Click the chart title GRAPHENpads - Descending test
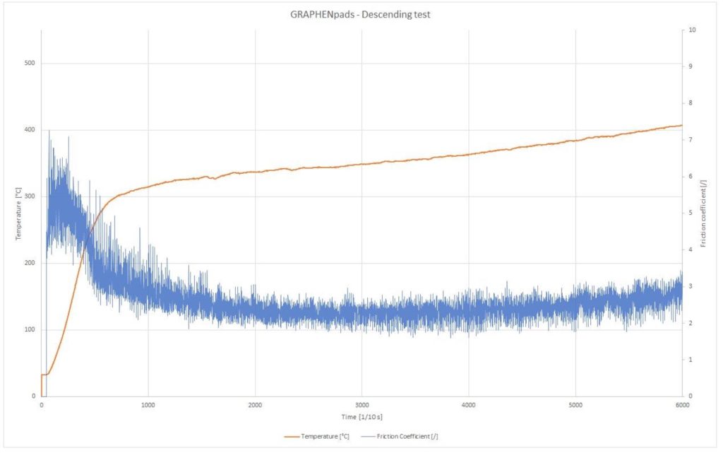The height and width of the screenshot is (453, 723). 360,14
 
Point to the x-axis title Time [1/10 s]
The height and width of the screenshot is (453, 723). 361,416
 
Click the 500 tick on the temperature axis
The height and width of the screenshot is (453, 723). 30,64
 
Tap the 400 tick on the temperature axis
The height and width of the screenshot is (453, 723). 30,130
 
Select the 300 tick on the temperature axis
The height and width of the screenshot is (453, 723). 30,196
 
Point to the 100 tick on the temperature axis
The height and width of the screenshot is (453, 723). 30,329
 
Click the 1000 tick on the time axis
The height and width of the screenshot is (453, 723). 148,405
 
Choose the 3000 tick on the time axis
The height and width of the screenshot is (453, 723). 361,405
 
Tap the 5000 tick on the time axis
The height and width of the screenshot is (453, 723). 575,405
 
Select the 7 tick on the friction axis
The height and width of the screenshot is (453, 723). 691,140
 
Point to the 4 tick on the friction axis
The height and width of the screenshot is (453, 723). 691,249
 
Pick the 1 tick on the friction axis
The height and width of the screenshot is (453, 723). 691,359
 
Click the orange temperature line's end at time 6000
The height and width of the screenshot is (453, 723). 681,125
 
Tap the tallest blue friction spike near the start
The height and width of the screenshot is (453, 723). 49,131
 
